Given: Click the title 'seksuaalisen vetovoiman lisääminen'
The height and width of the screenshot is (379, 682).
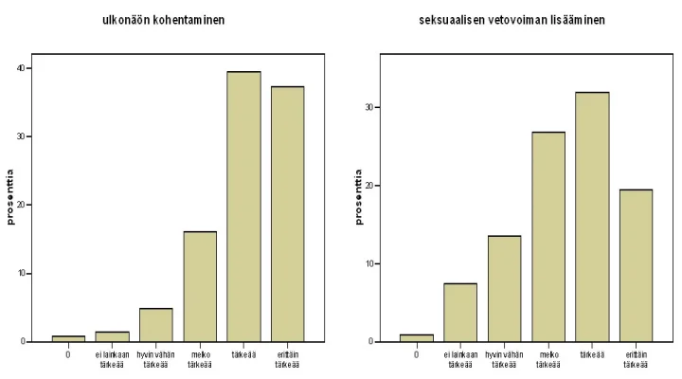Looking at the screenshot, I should click(512, 20).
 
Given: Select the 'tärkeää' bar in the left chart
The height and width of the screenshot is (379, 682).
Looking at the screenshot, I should click(243, 207).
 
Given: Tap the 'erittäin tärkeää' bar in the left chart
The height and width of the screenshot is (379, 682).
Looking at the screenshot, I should click(287, 214).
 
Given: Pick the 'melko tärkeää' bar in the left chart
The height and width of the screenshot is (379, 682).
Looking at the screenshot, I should click(200, 286).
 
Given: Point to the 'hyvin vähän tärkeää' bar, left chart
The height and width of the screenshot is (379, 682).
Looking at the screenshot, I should click(156, 325).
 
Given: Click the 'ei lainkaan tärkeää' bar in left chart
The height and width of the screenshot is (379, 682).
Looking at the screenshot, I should click(112, 336).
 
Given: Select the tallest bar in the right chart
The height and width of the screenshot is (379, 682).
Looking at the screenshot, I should click(592, 217).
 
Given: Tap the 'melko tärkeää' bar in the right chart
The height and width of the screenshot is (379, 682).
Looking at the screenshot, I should click(547, 237).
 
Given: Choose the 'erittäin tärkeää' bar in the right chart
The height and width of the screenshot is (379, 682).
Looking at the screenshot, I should click(636, 265).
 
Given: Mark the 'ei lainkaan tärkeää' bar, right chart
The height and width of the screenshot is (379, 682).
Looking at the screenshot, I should click(460, 313).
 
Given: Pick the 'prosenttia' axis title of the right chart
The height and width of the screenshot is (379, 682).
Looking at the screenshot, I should click(359, 197).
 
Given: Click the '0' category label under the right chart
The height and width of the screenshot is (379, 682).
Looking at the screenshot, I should click(417, 354).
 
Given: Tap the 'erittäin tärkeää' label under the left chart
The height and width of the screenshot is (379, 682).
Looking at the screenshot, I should click(287, 359).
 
